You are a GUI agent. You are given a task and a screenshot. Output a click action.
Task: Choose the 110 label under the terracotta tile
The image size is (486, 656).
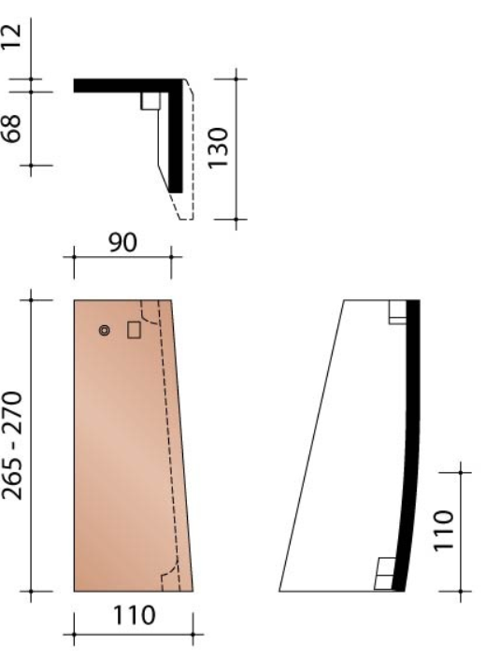(133, 618)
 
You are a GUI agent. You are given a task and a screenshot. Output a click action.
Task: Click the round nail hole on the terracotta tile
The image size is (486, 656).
(105, 330)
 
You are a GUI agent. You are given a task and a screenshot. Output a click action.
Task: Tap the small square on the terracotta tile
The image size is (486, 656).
(134, 330)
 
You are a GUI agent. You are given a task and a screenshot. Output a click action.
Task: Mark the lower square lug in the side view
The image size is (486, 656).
(383, 573)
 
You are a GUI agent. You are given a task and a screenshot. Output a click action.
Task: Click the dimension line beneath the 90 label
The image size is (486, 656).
(121, 253)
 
